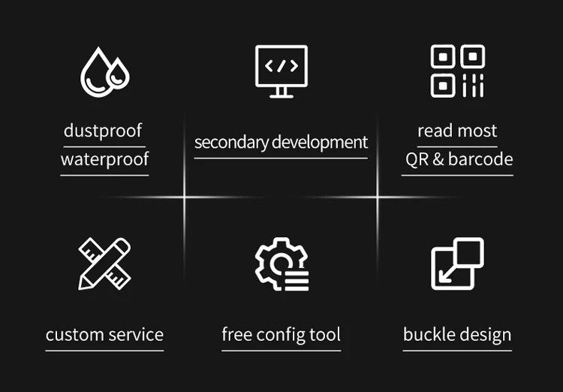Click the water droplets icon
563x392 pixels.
coord(104,72)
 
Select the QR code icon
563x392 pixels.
coord(457,71)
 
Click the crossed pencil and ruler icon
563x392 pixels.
coord(104,264)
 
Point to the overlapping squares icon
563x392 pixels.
coord(457,264)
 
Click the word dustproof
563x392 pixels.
coord(104,131)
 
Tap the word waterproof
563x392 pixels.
coord(104,159)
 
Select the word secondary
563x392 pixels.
coord(231,142)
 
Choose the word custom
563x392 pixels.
coord(74,335)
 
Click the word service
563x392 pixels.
coord(134,335)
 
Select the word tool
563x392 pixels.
coord(325,335)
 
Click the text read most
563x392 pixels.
coord(457,131)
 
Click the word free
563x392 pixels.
coord(236,335)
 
